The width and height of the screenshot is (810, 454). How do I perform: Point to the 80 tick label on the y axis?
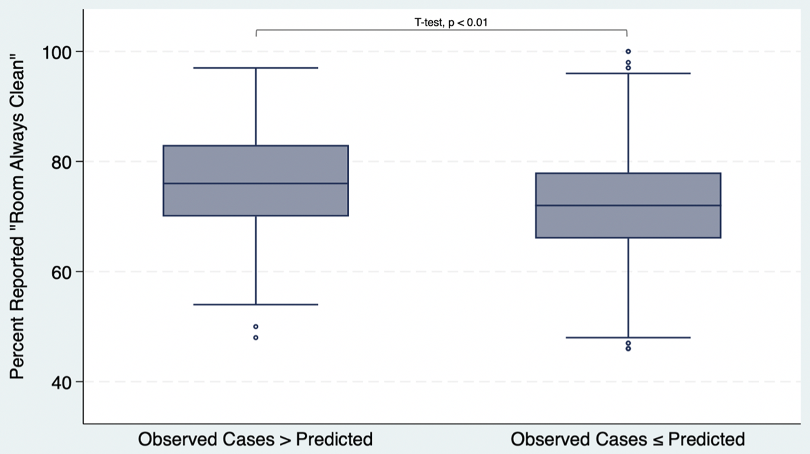(x=62, y=162)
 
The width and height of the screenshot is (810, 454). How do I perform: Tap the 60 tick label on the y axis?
(x=62, y=272)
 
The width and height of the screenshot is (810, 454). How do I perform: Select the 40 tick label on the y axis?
(x=62, y=383)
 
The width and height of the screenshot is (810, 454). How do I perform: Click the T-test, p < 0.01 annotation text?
(x=451, y=22)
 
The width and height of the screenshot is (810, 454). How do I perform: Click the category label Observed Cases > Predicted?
(x=255, y=439)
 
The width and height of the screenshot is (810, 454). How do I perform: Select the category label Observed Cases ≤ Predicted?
(x=628, y=439)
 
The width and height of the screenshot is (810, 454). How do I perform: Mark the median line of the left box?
(x=256, y=183)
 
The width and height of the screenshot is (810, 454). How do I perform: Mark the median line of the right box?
(x=628, y=205)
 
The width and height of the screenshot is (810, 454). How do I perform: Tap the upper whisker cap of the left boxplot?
(x=256, y=68)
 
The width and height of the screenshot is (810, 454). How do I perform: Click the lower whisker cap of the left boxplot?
(x=256, y=305)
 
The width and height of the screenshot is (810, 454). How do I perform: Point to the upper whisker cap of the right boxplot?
(x=628, y=73)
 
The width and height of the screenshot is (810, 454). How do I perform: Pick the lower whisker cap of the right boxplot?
(x=628, y=338)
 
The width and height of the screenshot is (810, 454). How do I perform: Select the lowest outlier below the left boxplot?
(x=256, y=338)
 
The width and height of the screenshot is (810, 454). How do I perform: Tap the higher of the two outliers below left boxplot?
(x=256, y=326)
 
